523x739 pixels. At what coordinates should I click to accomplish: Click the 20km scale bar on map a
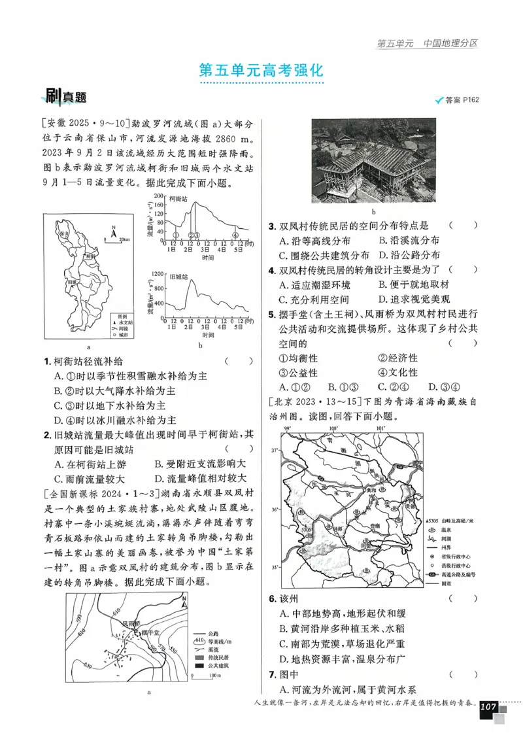tap(118, 241)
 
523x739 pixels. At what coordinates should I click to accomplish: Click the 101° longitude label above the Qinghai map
tap(380, 428)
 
